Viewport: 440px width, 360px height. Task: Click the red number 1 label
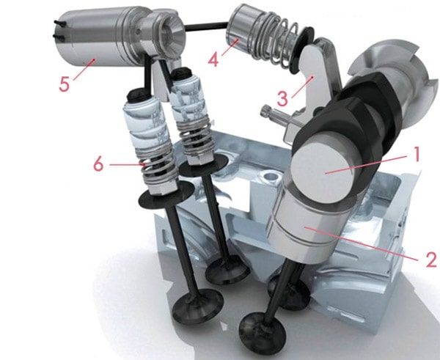click(x=417, y=154)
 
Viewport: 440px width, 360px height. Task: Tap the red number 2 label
click(x=430, y=259)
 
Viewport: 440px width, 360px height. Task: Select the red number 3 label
click(x=282, y=99)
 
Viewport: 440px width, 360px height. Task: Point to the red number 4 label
click(x=213, y=59)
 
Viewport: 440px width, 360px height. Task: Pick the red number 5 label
click(x=64, y=84)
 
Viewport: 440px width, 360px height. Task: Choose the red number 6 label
click(x=98, y=164)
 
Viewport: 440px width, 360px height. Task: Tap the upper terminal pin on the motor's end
click(x=60, y=23)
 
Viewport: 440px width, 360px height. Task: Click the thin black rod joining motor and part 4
click(x=205, y=26)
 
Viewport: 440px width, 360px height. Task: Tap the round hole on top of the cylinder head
click(x=270, y=177)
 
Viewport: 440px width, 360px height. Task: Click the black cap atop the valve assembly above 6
click(x=139, y=95)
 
